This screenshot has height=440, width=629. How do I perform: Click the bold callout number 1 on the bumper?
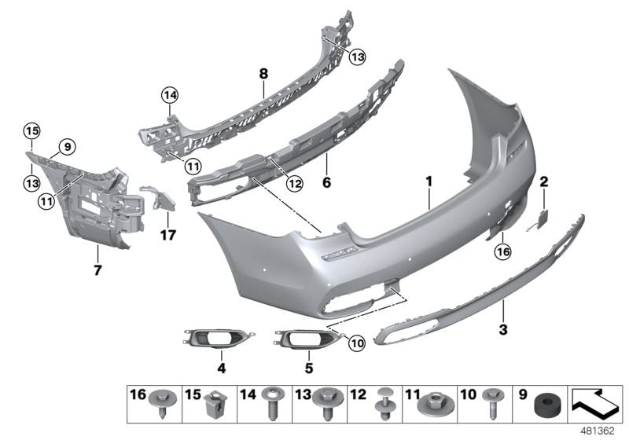[x=430, y=181]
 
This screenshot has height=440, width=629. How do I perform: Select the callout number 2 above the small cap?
[x=543, y=181]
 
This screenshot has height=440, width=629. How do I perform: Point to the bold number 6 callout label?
[x=326, y=184]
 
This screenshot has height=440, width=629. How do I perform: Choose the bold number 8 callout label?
[x=263, y=74]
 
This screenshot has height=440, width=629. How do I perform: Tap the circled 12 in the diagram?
[x=271, y=185]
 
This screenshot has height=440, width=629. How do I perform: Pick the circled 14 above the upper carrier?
[x=169, y=97]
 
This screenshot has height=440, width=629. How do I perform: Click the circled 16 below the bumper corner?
[x=502, y=251]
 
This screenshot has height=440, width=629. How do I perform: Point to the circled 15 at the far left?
[x=31, y=130]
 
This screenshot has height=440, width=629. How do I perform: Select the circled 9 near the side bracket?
[x=67, y=146]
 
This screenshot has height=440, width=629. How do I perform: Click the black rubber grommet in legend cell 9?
[x=543, y=406]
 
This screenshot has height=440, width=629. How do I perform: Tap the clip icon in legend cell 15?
[x=210, y=406]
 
